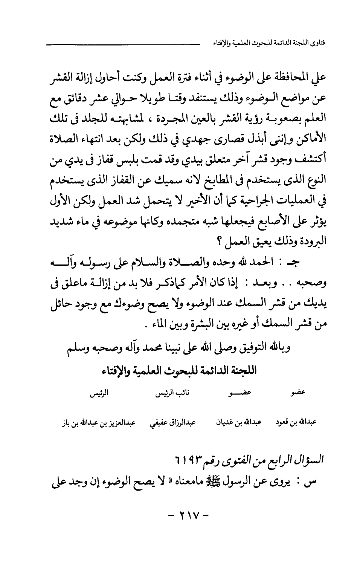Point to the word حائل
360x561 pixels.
(62, 304)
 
